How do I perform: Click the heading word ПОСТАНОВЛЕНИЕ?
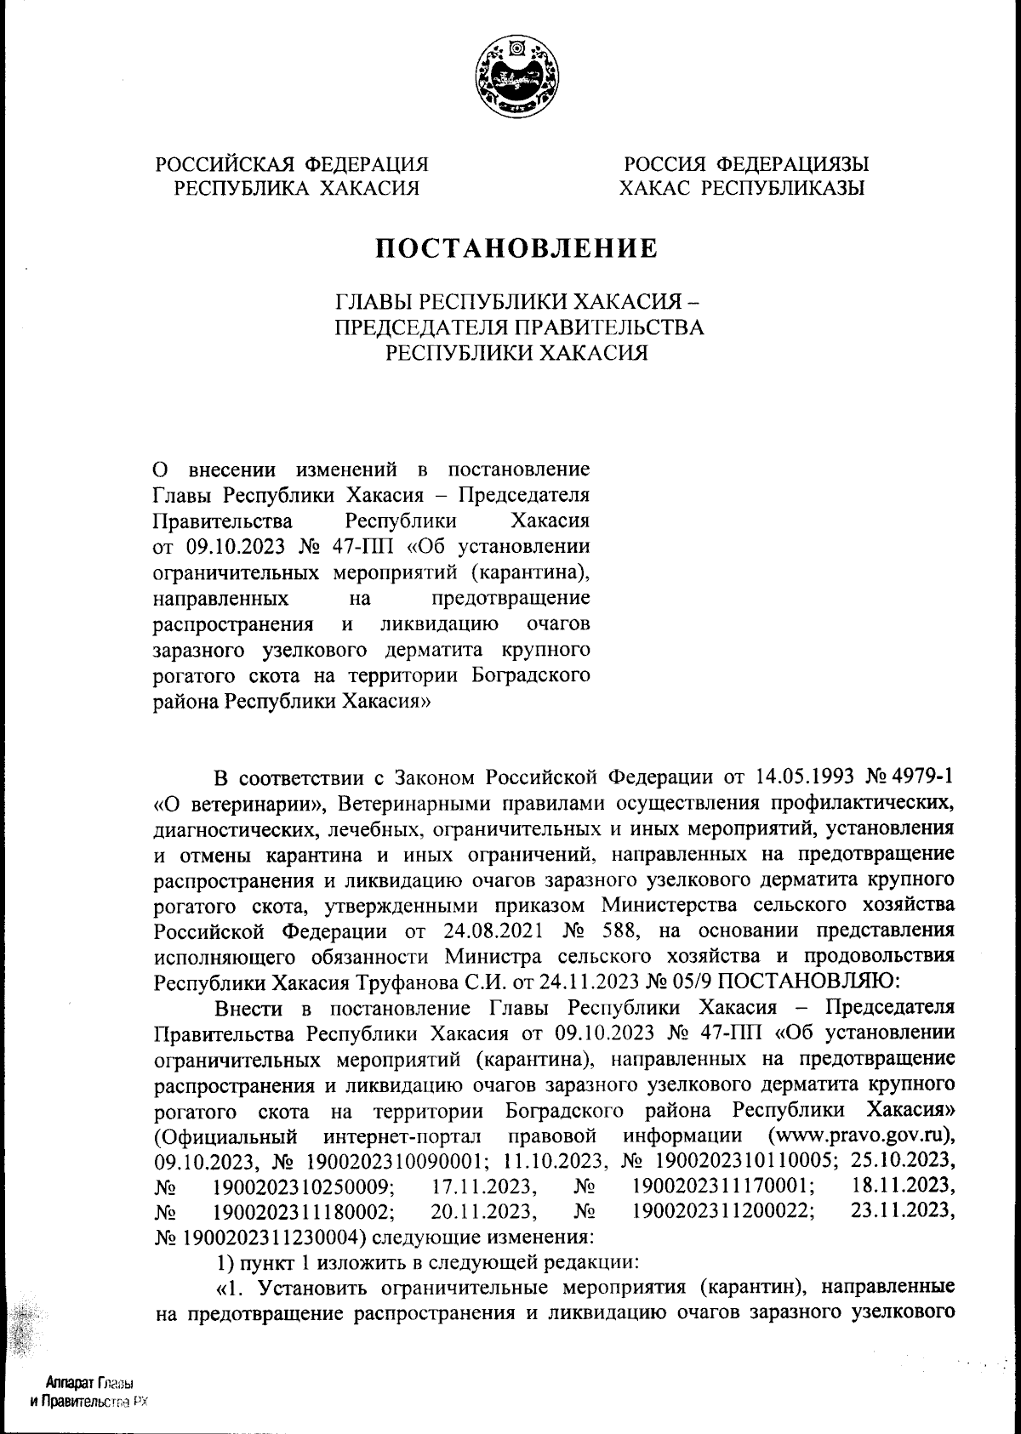coord(517,248)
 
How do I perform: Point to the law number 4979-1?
coord(913,778)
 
